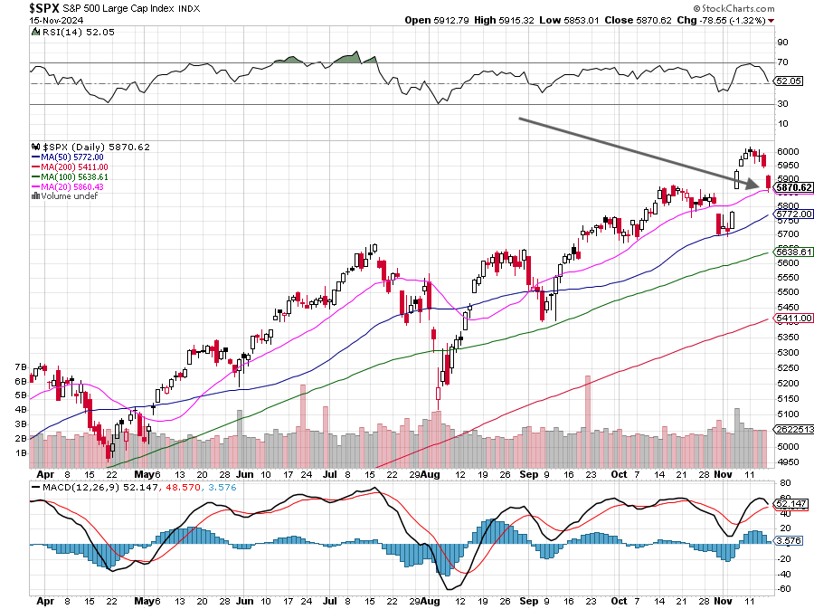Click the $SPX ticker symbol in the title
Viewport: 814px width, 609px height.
(43, 8)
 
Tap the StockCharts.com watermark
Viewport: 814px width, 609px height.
(734, 8)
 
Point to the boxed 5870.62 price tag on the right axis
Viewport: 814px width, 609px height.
(793, 187)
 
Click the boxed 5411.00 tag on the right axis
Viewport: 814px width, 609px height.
(793, 318)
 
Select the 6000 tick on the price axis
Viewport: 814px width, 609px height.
(788, 152)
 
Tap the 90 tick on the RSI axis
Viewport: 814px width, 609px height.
(782, 42)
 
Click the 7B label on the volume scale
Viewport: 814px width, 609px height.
(21, 367)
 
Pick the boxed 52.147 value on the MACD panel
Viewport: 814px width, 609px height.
(790, 504)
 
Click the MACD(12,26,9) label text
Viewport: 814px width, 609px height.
(75, 488)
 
